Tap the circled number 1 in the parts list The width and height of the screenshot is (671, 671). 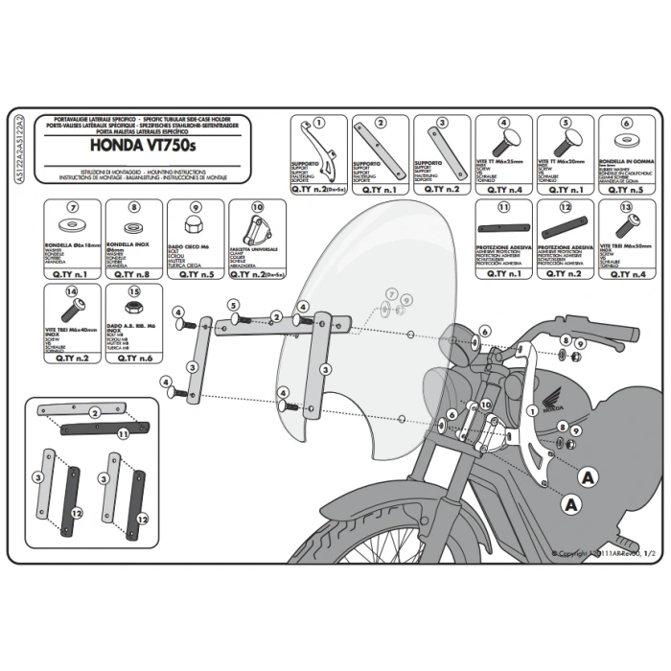[318, 124]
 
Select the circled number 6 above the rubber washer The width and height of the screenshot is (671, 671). [627, 124]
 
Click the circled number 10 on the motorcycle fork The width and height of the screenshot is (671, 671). [486, 405]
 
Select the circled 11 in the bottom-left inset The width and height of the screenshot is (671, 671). [123, 433]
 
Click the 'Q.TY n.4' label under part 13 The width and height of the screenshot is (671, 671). [628, 274]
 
